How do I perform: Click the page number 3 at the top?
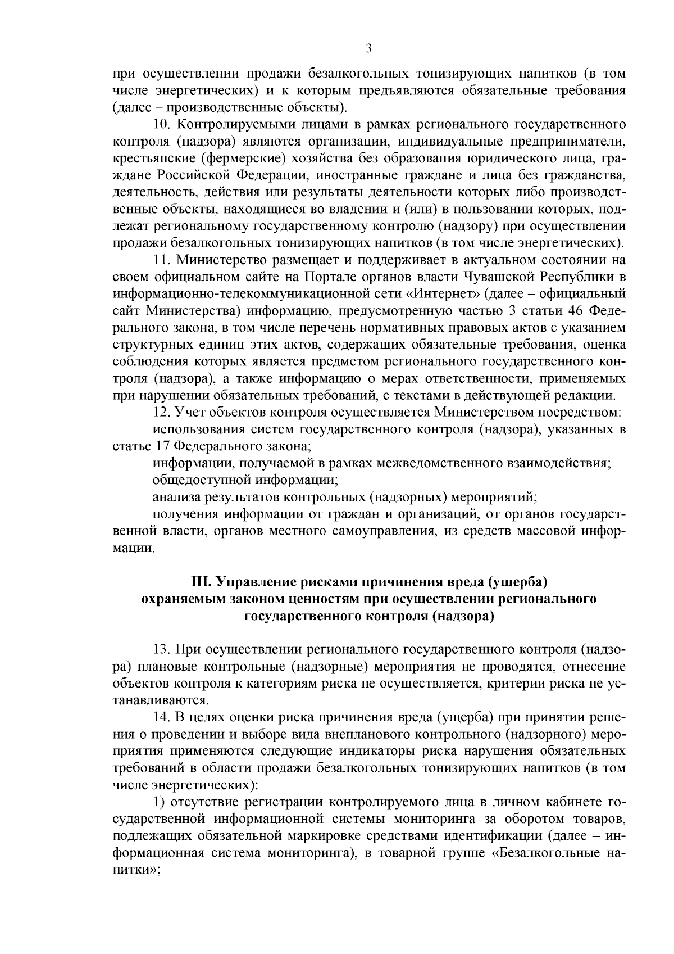click(x=368, y=48)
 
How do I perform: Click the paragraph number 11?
click(x=161, y=260)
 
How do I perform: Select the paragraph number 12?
click(x=161, y=413)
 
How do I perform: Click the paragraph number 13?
click(x=161, y=650)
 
